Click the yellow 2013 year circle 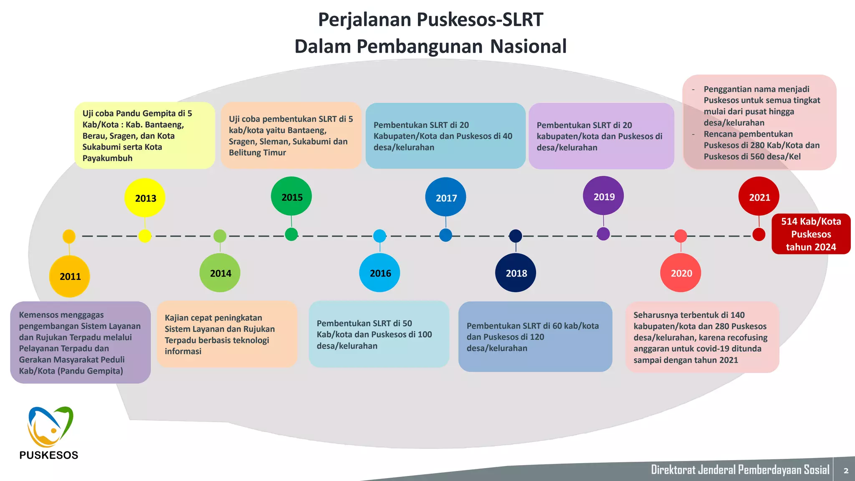tap(145, 198)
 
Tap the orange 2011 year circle tap(70, 276)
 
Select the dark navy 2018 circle tap(516, 273)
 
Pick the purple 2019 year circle tap(603, 196)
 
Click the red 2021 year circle tap(759, 197)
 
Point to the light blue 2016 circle tap(379, 273)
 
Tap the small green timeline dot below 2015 tap(291, 234)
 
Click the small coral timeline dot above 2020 tap(681, 236)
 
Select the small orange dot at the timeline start tap(69, 236)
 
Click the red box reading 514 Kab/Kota tap(811, 234)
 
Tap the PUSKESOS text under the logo tap(49, 455)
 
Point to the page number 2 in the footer tap(846, 471)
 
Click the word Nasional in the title tap(528, 46)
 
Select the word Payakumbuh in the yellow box tap(107, 158)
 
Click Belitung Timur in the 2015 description tap(257, 153)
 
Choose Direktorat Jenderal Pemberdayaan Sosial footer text tap(740, 470)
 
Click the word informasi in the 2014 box tap(183, 352)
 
